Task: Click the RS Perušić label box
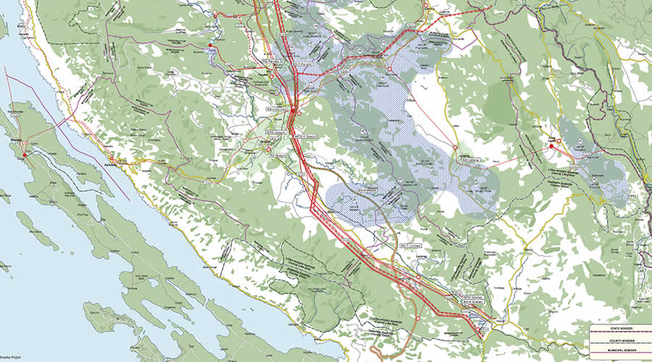[x=272, y=63]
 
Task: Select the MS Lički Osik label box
[x=274, y=111]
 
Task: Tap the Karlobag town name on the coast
[x=110, y=164]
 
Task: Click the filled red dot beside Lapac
[x=551, y=146]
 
